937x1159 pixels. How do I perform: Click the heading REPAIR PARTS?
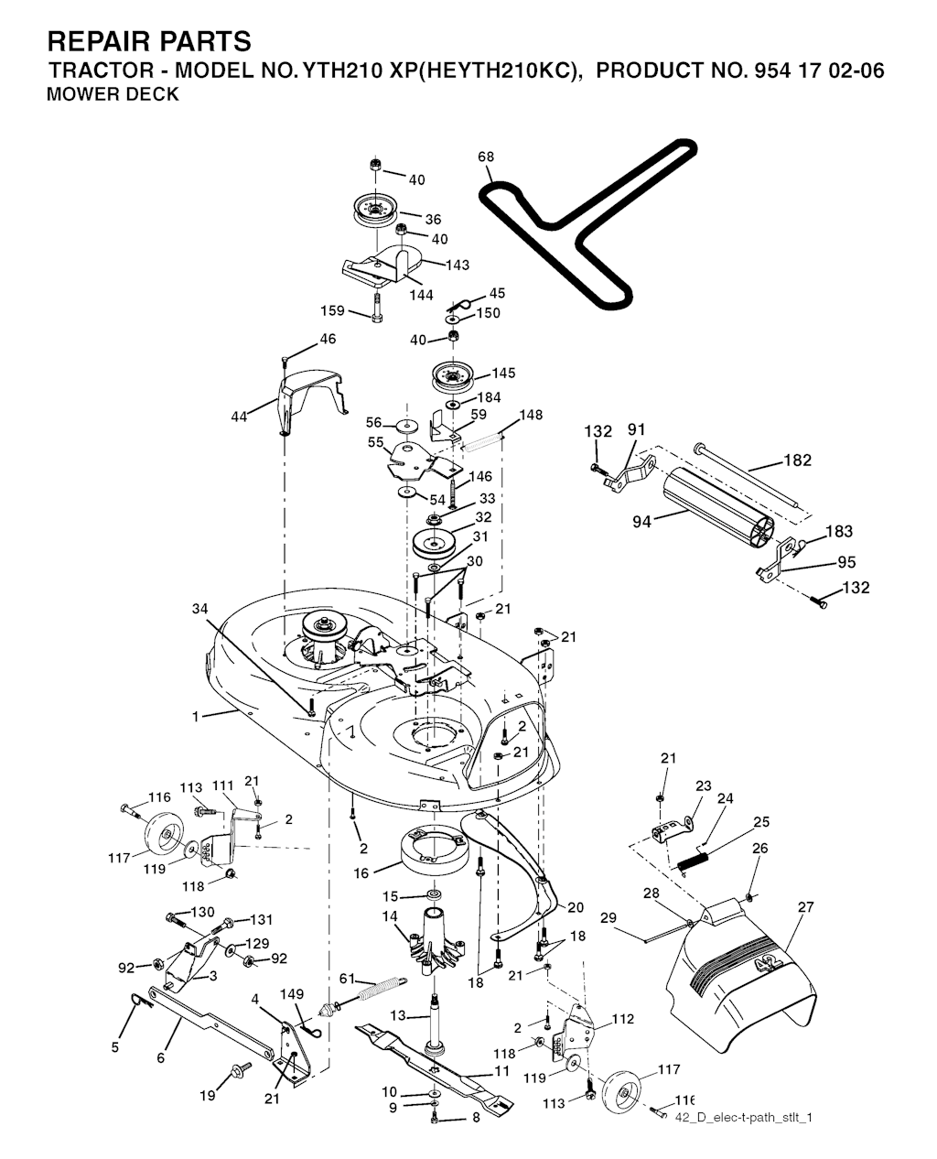(x=148, y=41)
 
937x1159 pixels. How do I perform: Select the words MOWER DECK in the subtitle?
(x=113, y=94)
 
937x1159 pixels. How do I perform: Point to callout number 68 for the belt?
(x=486, y=157)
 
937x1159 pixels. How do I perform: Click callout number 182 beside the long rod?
(x=798, y=460)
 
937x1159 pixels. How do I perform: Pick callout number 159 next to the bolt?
(x=333, y=311)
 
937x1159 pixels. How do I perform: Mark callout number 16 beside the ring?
(x=362, y=874)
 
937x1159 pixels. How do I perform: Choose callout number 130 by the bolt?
(x=202, y=912)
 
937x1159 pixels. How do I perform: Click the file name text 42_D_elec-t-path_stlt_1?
(x=743, y=1117)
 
